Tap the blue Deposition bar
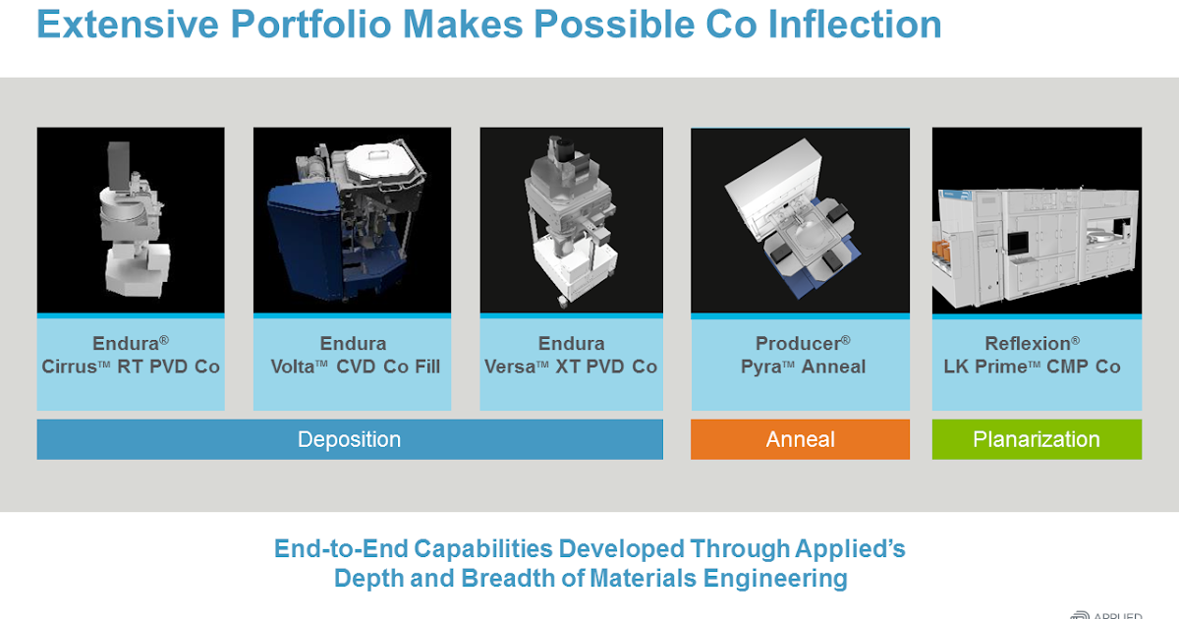(x=350, y=439)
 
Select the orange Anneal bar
(x=800, y=439)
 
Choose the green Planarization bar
(x=1037, y=439)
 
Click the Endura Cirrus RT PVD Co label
(x=131, y=356)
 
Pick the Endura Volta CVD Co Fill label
(x=353, y=356)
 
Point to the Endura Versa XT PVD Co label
(x=571, y=356)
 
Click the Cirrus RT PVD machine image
(x=131, y=221)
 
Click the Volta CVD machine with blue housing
(x=352, y=221)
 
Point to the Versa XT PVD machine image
(x=571, y=221)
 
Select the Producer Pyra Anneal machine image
(x=800, y=221)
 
